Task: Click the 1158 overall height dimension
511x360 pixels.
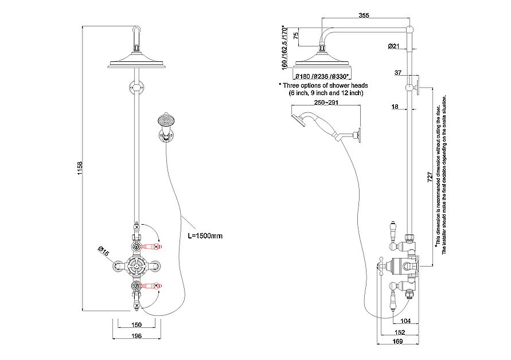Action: [x=81, y=168]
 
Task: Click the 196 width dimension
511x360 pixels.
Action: [x=136, y=336]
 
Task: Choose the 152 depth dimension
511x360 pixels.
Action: [x=400, y=331]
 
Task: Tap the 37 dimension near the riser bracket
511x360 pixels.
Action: [x=398, y=72]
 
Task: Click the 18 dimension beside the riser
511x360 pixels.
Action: [x=395, y=107]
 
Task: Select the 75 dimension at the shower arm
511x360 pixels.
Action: [x=295, y=36]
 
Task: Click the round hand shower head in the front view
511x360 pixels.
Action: [x=164, y=121]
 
